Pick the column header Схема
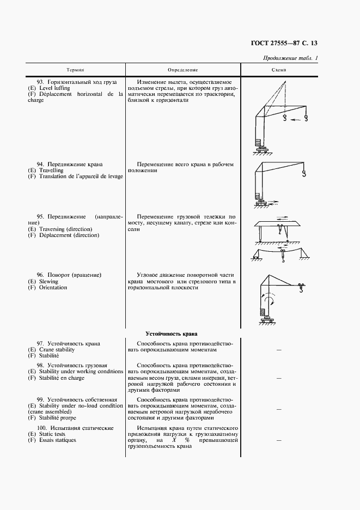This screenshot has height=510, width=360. pos(279,70)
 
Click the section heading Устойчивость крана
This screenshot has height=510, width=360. pos(171,333)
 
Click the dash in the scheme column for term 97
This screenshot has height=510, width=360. pos(279,350)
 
